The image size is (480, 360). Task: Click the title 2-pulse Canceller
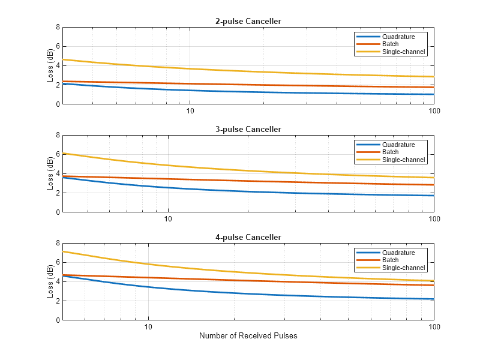click(x=248, y=22)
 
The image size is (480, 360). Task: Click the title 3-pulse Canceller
click(x=248, y=130)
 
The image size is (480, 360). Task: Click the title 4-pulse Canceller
click(x=248, y=238)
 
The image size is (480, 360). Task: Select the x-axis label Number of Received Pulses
click(x=248, y=336)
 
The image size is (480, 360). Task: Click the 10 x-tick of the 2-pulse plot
click(x=190, y=111)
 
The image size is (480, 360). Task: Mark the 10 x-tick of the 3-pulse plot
click(x=169, y=219)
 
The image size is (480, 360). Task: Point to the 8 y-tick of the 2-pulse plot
click(x=57, y=27)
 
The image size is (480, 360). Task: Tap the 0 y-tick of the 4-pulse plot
click(x=57, y=320)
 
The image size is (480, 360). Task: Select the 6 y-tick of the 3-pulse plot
click(x=57, y=154)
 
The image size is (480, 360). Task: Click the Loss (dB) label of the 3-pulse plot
click(x=49, y=173)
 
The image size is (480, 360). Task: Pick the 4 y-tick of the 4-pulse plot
click(x=57, y=281)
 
